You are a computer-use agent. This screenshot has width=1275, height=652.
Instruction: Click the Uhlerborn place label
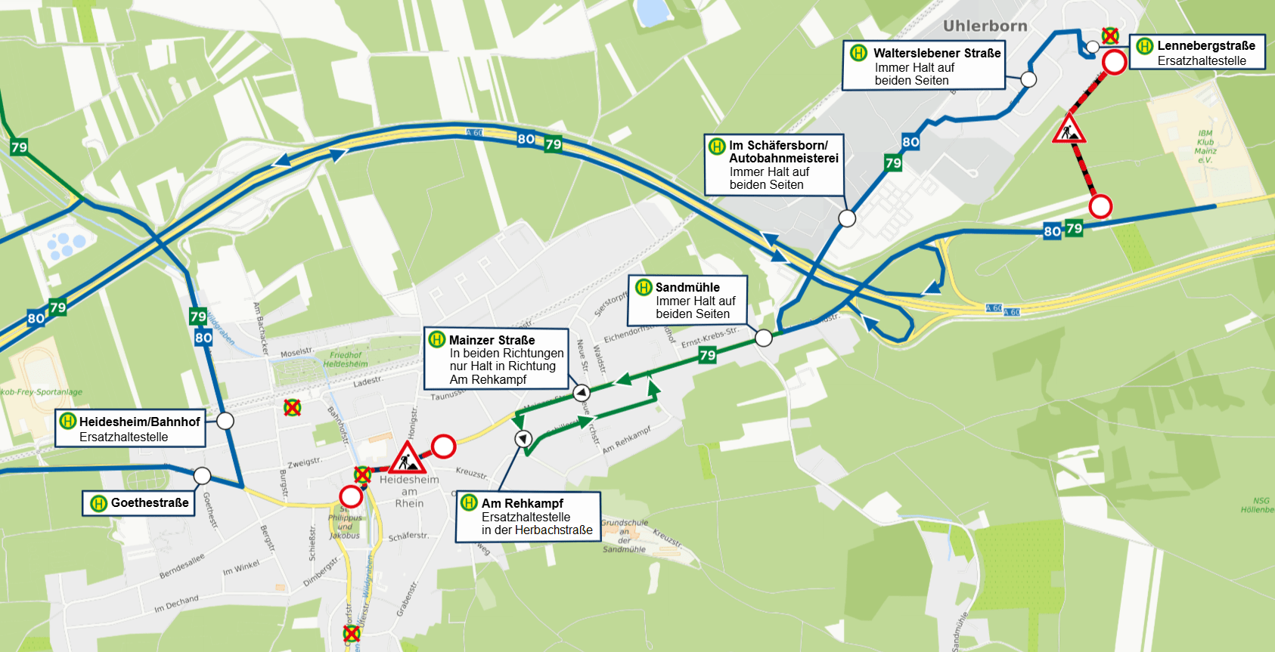click(985, 26)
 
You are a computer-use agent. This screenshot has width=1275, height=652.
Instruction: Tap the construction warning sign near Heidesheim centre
click(407, 459)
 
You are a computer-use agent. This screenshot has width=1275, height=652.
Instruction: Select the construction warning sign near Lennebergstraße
click(1069, 129)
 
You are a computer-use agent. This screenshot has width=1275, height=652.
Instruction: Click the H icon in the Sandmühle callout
click(644, 287)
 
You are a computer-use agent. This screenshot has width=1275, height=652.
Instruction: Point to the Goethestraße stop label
click(149, 503)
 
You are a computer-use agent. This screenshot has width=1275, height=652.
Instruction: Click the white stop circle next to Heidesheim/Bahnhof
click(225, 421)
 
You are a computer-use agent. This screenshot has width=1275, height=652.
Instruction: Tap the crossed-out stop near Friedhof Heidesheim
click(292, 408)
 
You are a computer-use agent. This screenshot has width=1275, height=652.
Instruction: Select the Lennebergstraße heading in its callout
click(1205, 45)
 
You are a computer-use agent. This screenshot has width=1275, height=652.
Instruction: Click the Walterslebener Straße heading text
click(936, 53)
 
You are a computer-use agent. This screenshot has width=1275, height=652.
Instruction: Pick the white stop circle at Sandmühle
click(764, 338)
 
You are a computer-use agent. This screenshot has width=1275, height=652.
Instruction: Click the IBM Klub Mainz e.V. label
click(1205, 147)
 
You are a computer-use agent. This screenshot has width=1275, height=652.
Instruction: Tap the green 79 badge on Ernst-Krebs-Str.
click(708, 355)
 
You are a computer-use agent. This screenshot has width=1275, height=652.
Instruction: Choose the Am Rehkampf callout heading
click(522, 503)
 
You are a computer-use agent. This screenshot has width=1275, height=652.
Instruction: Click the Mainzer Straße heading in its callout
click(492, 340)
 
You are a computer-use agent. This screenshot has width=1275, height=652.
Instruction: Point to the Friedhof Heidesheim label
click(346, 359)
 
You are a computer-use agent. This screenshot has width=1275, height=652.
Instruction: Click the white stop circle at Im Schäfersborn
click(847, 218)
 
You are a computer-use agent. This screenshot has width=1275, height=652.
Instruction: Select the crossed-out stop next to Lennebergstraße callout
click(1109, 36)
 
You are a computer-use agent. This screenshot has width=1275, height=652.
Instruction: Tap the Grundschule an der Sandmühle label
click(624, 536)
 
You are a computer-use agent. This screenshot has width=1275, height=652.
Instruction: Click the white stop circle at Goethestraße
click(202, 475)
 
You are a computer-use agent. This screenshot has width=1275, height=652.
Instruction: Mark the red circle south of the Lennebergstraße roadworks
click(1100, 205)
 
